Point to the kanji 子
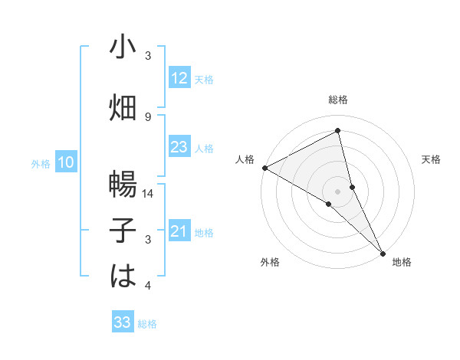[x=123, y=231]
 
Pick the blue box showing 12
[x=179, y=78]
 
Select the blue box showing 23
[x=179, y=147]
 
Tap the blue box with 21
[x=179, y=231]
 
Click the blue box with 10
[x=66, y=162]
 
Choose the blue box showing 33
[x=123, y=322]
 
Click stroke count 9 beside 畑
[x=148, y=116]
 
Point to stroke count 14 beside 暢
[x=148, y=194]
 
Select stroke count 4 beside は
[x=148, y=286]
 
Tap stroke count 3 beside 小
[x=148, y=56]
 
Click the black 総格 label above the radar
[x=338, y=100]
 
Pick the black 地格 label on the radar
[x=402, y=262]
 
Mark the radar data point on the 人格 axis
[x=264, y=168]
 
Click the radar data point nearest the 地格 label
[x=383, y=252]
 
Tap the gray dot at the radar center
[x=338, y=191]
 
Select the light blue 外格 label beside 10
[x=40, y=163]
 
